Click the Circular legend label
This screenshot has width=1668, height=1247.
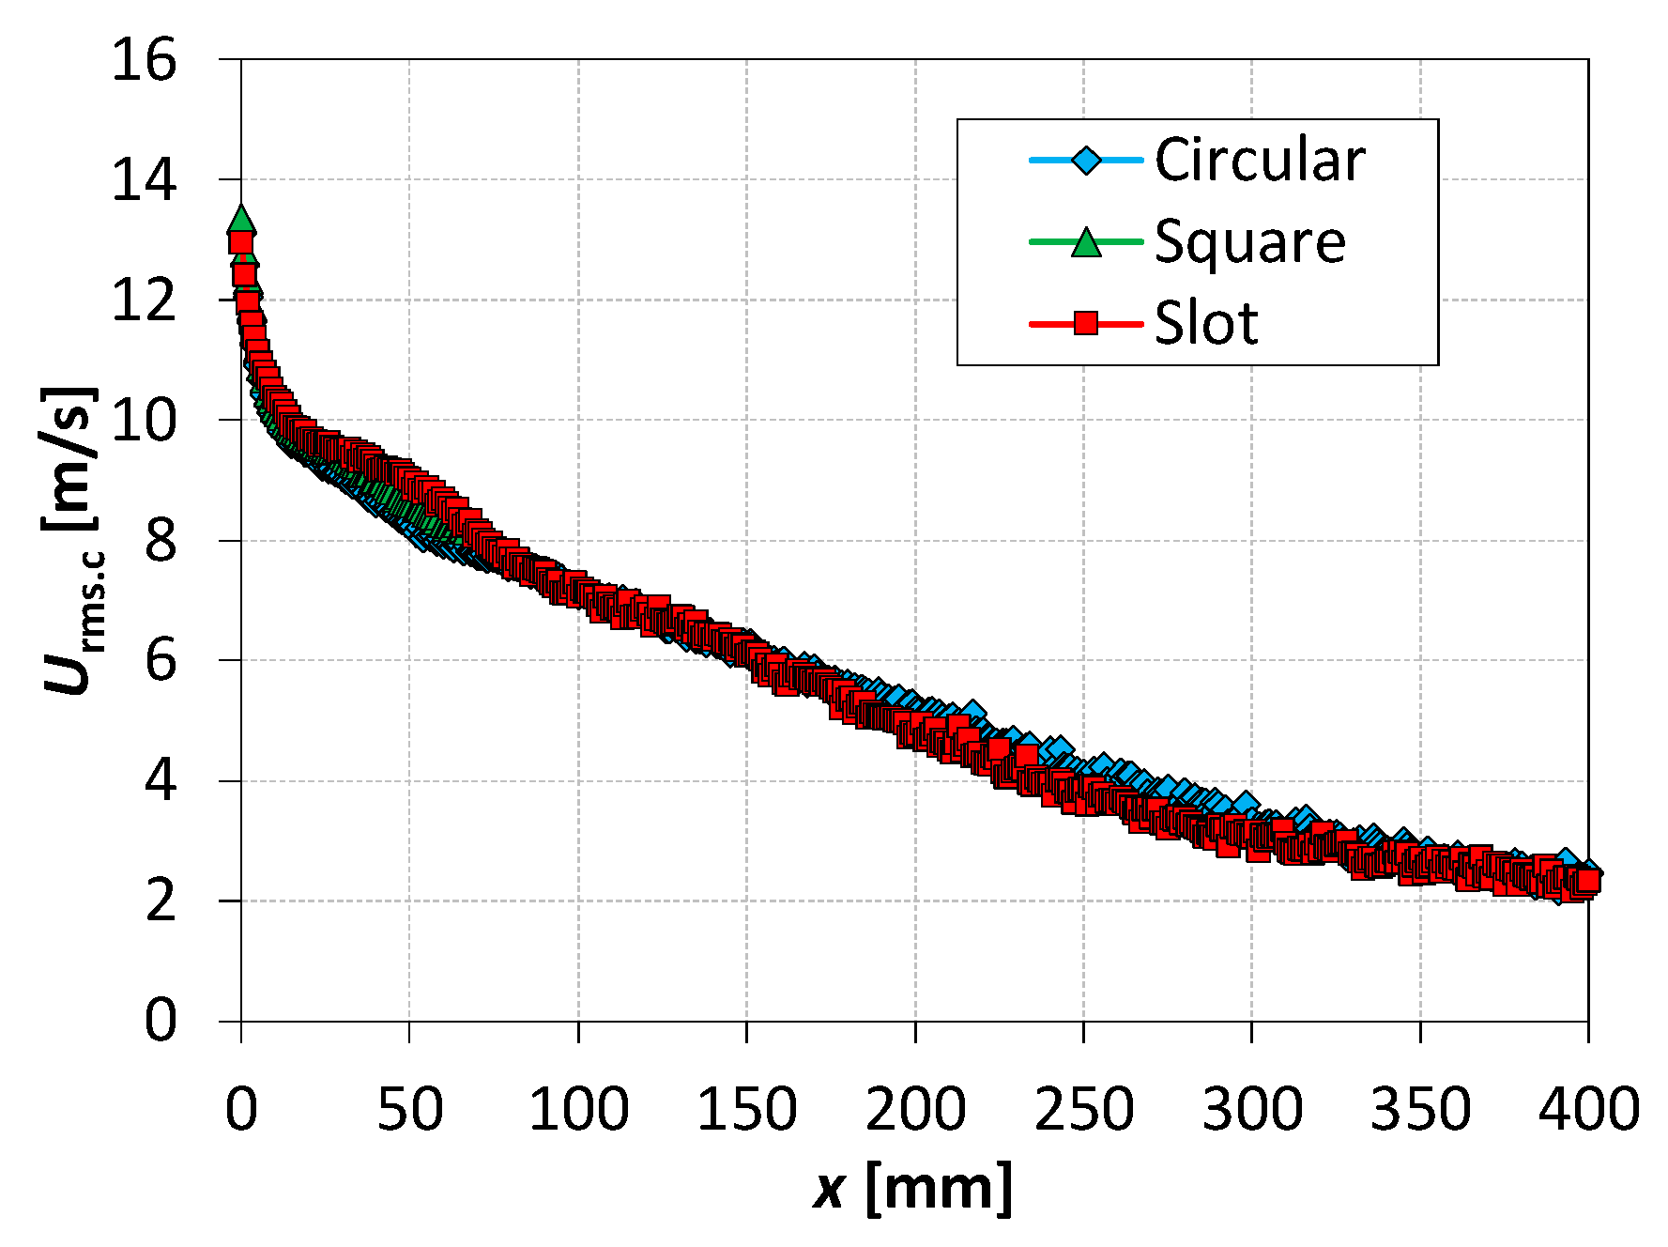1259,160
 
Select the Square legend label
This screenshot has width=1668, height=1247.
1249,241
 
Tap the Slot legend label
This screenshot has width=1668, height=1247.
1206,323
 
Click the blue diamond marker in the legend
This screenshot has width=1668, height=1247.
1086,161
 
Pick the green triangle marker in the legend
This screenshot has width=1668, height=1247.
1086,242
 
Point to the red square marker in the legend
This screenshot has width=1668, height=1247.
1086,324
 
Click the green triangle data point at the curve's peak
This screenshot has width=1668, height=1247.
241,219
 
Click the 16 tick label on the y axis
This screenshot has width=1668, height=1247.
144,60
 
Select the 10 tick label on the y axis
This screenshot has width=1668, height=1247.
144,420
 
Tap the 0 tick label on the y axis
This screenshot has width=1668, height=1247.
161,1020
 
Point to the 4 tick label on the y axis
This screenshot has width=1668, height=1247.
161,780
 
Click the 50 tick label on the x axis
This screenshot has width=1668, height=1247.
409,1109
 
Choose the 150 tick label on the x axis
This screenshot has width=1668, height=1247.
746,1109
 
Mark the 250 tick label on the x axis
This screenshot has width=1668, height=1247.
1083,1109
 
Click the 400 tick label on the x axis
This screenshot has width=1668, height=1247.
1588,1109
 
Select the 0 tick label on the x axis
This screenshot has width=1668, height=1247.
241,1109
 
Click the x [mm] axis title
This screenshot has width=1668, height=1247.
912,1189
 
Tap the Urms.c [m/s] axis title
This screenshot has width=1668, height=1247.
70,540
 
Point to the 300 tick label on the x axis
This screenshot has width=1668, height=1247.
1252,1109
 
